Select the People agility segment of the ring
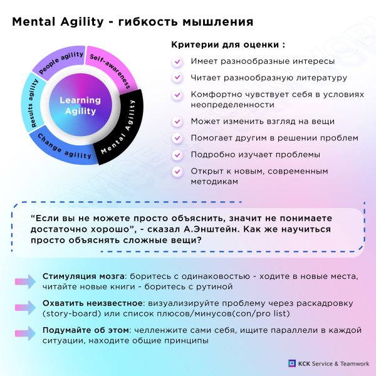pos(60,62)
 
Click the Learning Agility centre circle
pos(81,105)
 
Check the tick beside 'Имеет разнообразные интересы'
pos(177,61)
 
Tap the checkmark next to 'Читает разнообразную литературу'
pos(177,78)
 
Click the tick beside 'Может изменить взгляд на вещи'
pos(177,122)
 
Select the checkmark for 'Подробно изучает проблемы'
pos(177,155)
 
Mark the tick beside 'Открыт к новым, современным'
pos(177,172)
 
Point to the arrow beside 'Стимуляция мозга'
pos(26,281)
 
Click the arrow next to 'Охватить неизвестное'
pos(26,308)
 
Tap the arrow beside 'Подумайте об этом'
pos(26,333)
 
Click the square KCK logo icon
pos(292,363)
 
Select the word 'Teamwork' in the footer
pos(355,363)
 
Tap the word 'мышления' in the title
pos(218,22)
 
